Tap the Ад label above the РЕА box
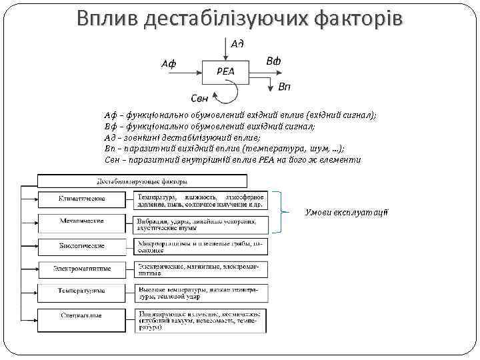pos(237,43)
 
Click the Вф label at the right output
pos(273,61)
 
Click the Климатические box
pos(81,200)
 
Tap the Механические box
pos(81,222)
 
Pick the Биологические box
pos(81,246)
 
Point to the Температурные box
pos(81,292)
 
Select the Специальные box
pos(81,315)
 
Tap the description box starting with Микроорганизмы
pos(201,247)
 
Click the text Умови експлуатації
pos(346,213)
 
